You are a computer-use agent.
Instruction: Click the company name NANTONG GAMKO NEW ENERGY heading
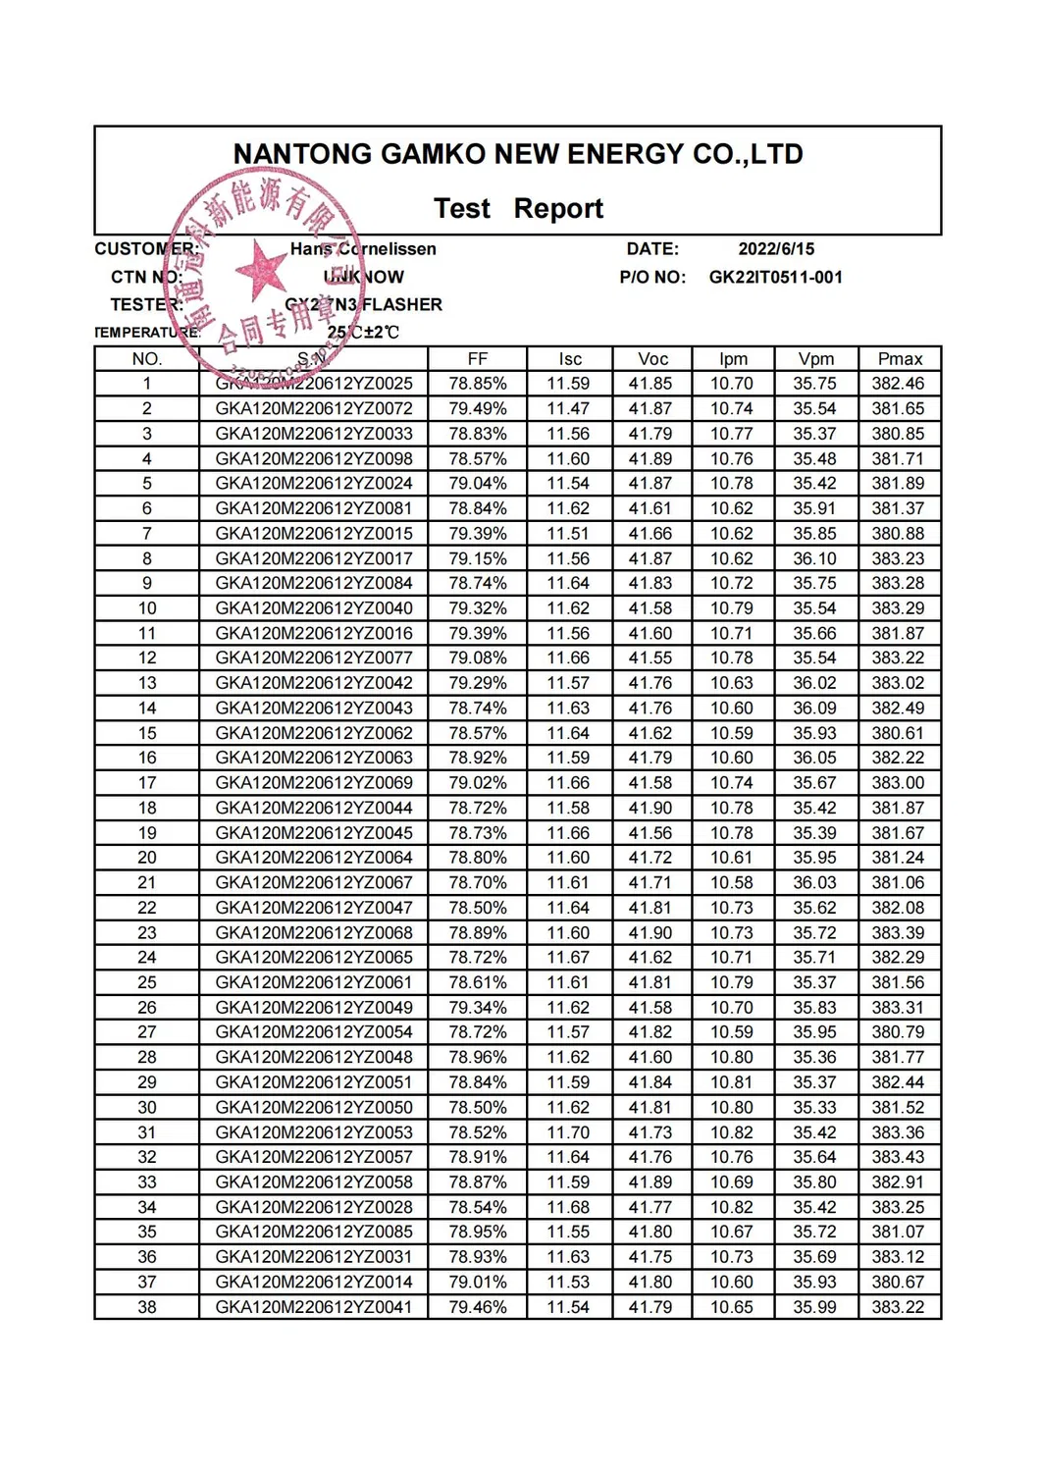coord(518,154)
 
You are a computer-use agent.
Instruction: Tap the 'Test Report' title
coord(518,208)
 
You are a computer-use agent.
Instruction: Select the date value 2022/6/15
coord(776,249)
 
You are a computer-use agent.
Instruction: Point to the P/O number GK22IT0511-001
coord(775,277)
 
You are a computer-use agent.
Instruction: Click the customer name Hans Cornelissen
coord(363,249)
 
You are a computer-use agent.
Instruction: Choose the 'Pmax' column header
coord(900,359)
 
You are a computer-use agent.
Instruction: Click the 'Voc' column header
coord(652,359)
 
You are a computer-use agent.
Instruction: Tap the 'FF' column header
coord(478,359)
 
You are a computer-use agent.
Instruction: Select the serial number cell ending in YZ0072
coord(314,408)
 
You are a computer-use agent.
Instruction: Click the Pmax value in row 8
coord(899,558)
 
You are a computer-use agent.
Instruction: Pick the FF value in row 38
coord(478,1307)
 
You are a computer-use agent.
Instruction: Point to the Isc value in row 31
coord(569,1132)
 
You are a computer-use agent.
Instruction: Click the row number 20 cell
coord(147,858)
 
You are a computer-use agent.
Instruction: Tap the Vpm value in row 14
coord(815,708)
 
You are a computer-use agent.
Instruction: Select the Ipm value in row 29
coord(732,1082)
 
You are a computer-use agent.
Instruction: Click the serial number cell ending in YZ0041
coord(314,1307)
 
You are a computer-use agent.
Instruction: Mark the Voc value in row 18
coord(651,808)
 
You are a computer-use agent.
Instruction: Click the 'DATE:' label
coord(652,249)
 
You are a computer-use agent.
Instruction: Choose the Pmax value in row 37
coord(899,1282)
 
